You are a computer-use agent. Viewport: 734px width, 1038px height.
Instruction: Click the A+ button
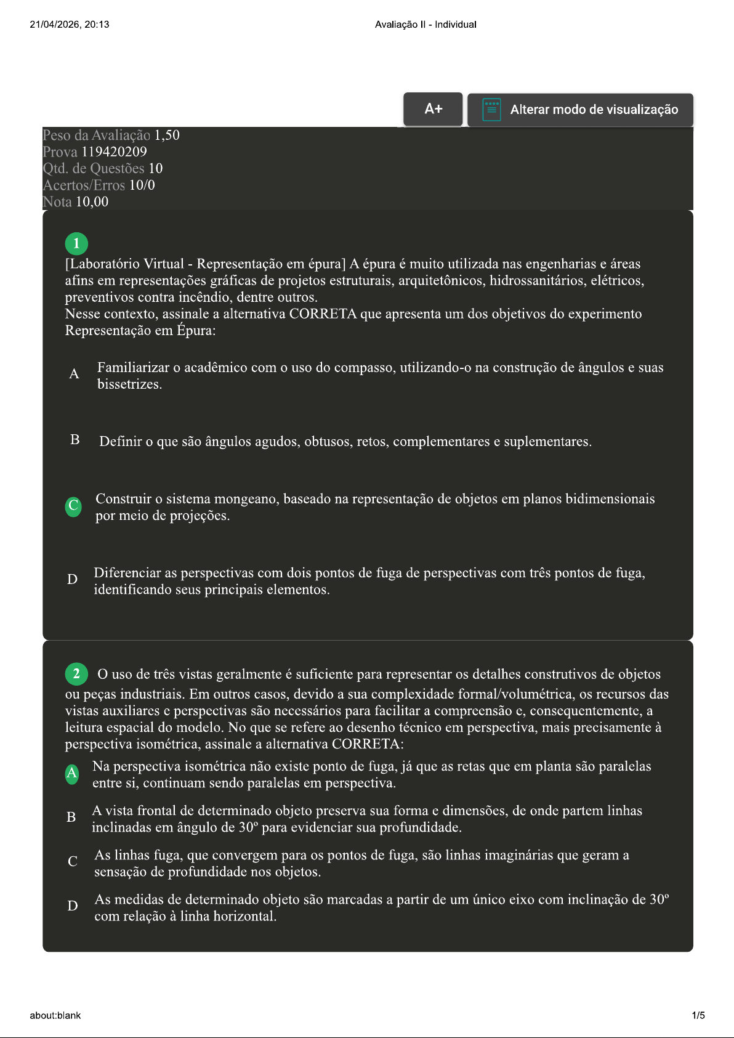(x=433, y=109)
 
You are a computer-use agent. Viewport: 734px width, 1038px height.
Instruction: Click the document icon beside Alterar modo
(x=491, y=110)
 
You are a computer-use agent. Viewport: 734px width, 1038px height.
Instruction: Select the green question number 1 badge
(x=76, y=243)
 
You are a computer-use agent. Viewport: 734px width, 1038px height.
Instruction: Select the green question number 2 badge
(x=76, y=673)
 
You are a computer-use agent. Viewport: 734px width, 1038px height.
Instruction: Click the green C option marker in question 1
(x=73, y=506)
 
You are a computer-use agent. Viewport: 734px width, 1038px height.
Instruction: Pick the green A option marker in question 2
(x=72, y=773)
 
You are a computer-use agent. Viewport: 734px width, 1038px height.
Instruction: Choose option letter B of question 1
(x=75, y=439)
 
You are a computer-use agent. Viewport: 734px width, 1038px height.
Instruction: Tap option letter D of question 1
(x=72, y=579)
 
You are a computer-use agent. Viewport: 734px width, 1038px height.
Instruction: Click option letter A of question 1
(x=74, y=373)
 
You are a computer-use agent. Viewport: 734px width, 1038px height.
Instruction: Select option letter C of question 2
(x=72, y=861)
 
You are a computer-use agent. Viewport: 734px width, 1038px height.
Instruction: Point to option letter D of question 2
(x=72, y=906)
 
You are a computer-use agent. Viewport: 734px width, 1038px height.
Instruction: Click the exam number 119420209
(x=114, y=152)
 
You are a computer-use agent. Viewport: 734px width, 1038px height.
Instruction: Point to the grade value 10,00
(x=92, y=201)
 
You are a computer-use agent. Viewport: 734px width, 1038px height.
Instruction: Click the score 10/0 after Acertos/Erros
(x=142, y=185)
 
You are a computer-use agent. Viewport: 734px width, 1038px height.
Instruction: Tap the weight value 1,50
(x=166, y=135)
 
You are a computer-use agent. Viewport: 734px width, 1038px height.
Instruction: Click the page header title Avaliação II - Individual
(x=425, y=25)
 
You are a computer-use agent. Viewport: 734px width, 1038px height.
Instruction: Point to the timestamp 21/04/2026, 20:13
(x=70, y=25)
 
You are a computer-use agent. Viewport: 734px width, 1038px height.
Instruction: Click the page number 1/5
(x=698, y=1015)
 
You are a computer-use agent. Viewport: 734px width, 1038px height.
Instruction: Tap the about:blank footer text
(x=55, y=1015)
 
